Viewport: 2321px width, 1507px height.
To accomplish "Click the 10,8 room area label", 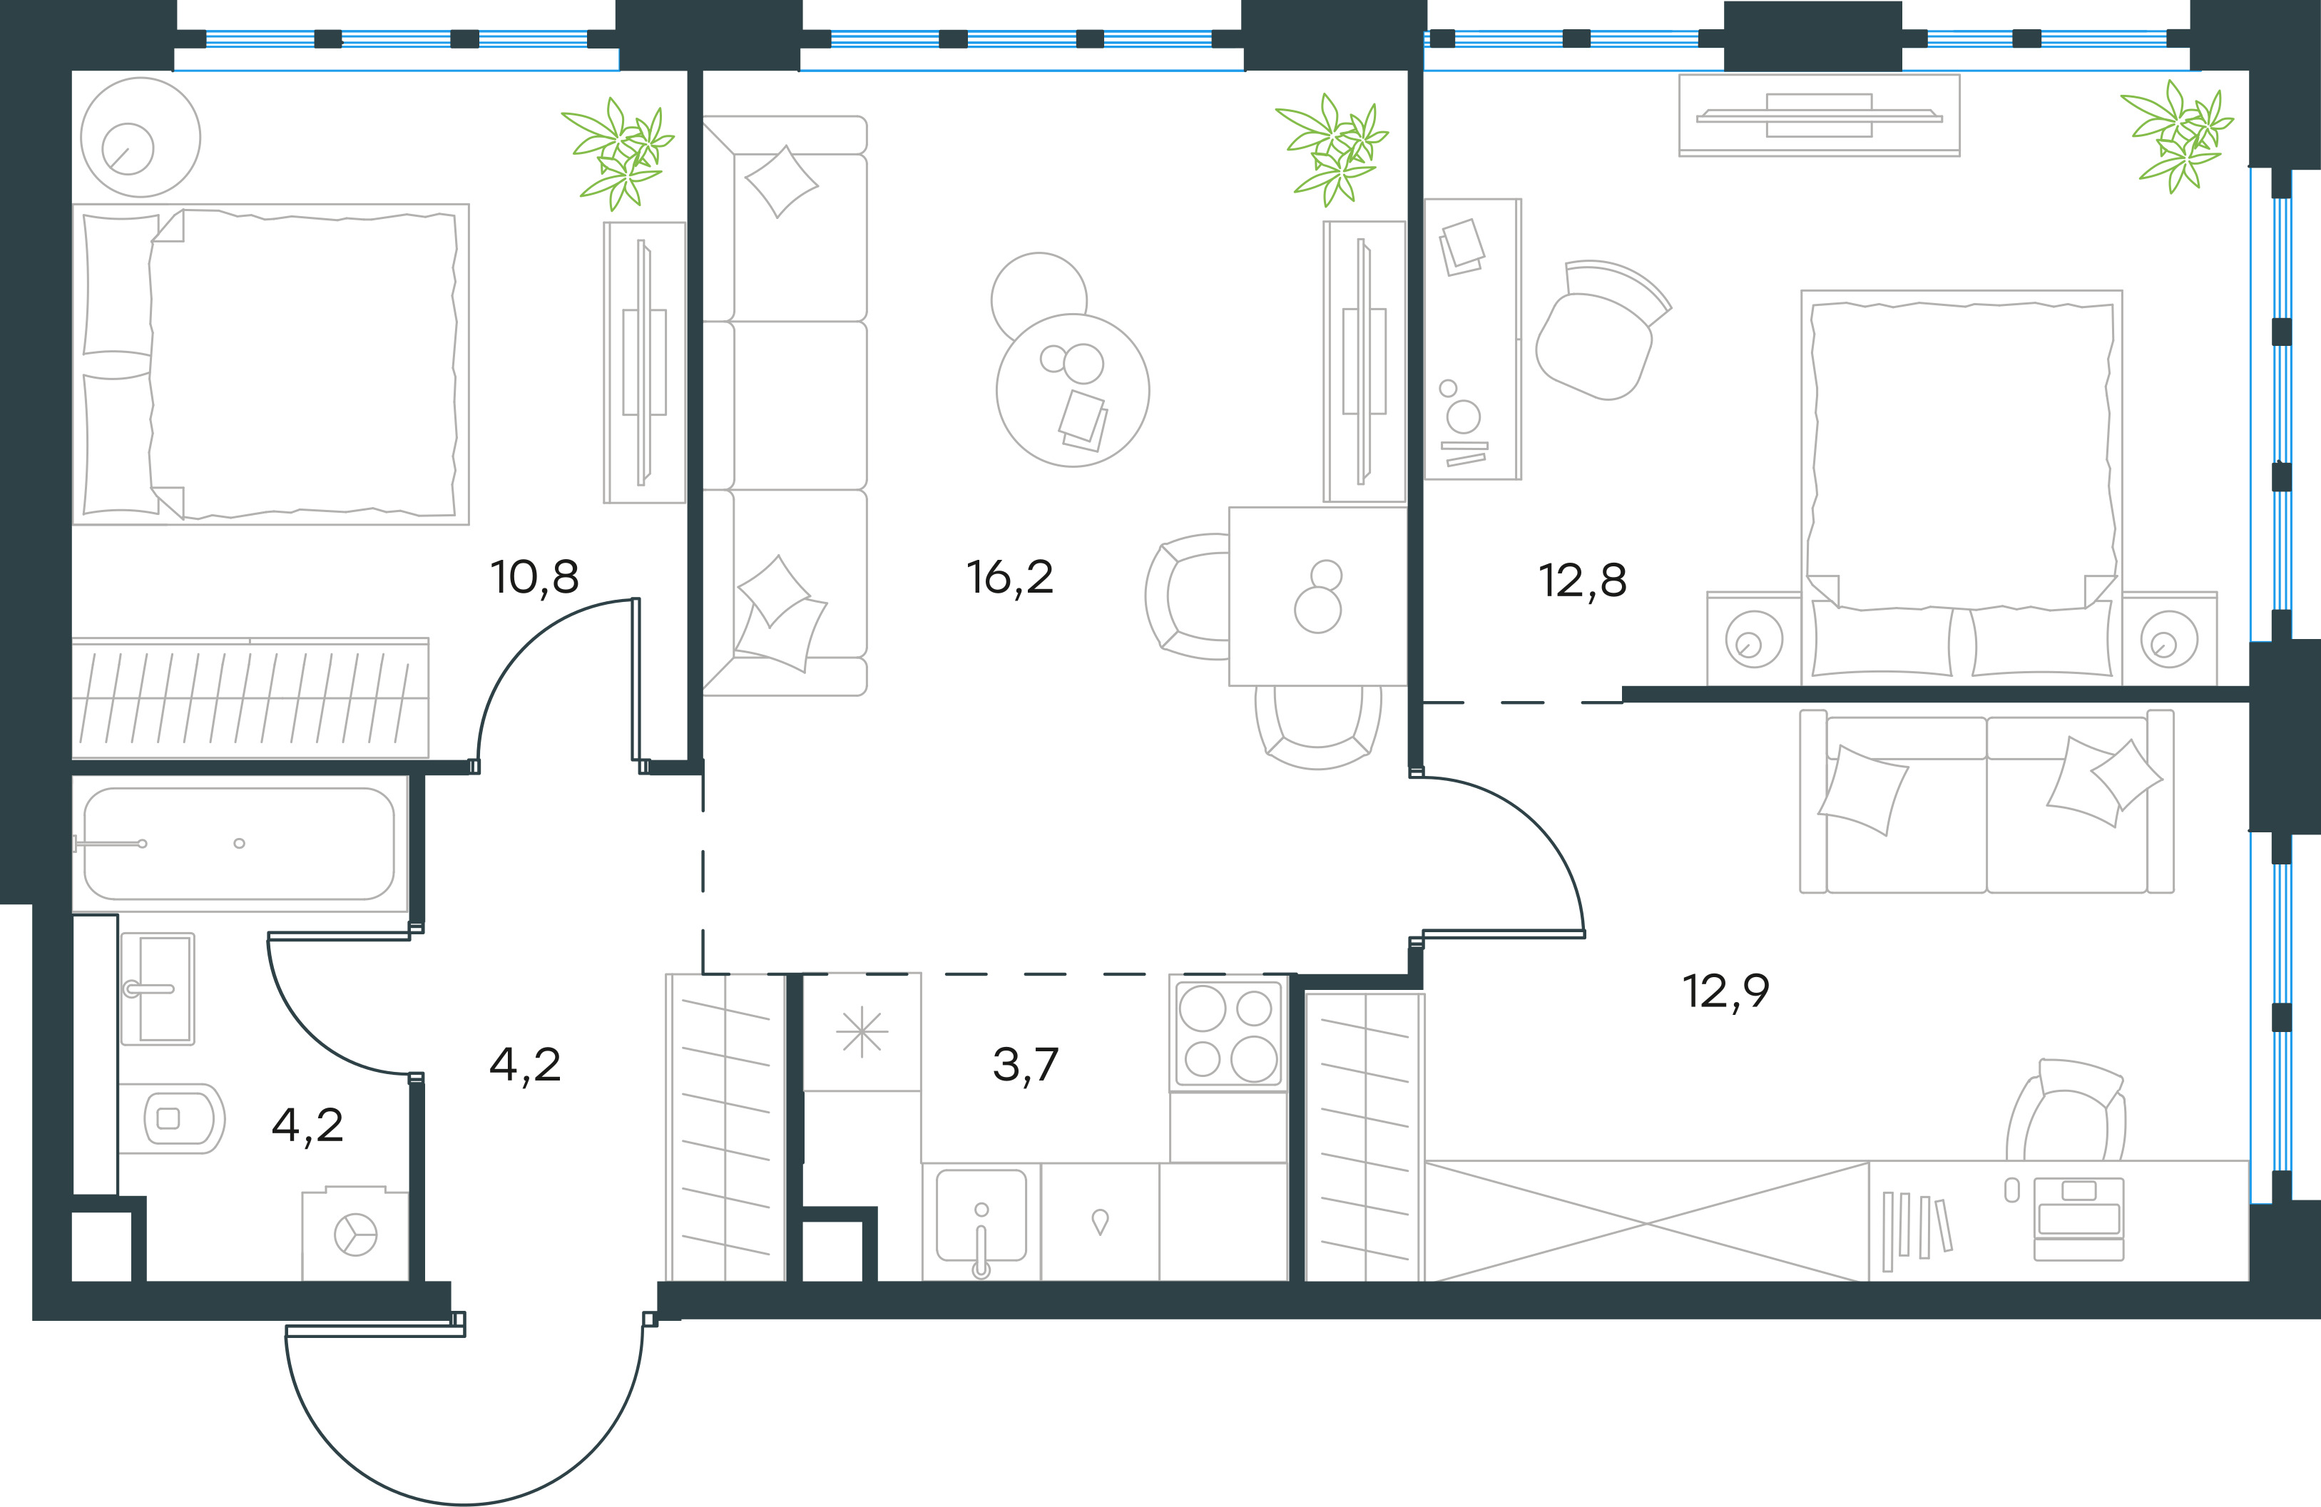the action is click(x=534, y=578).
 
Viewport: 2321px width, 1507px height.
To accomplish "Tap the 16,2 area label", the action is click(x=1009, y=578).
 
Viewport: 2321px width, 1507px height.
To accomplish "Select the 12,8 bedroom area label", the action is click(x=1582, y=581).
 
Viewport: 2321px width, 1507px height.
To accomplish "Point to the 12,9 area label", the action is click(x=1726, y=991).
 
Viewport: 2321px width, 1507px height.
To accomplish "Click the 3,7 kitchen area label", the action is click(x=1025, y=1064).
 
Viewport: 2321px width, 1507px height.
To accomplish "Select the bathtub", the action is click(x=239, y=844).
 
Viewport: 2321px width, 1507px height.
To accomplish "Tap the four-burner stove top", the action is click(x=1228, y=1034).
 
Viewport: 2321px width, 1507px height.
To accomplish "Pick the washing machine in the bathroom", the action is click(x=355, y=1234).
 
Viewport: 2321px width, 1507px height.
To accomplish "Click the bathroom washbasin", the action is click(x=158, y=988).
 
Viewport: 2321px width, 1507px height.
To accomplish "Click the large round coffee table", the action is click(x=1073, y=390).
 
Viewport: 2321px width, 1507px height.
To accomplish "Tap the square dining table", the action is click(x=1317, y=596).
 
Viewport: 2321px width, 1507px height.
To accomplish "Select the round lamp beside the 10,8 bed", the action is click(x=141, y=138).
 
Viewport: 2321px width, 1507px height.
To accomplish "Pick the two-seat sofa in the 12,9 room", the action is click(x=1986, y=801).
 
